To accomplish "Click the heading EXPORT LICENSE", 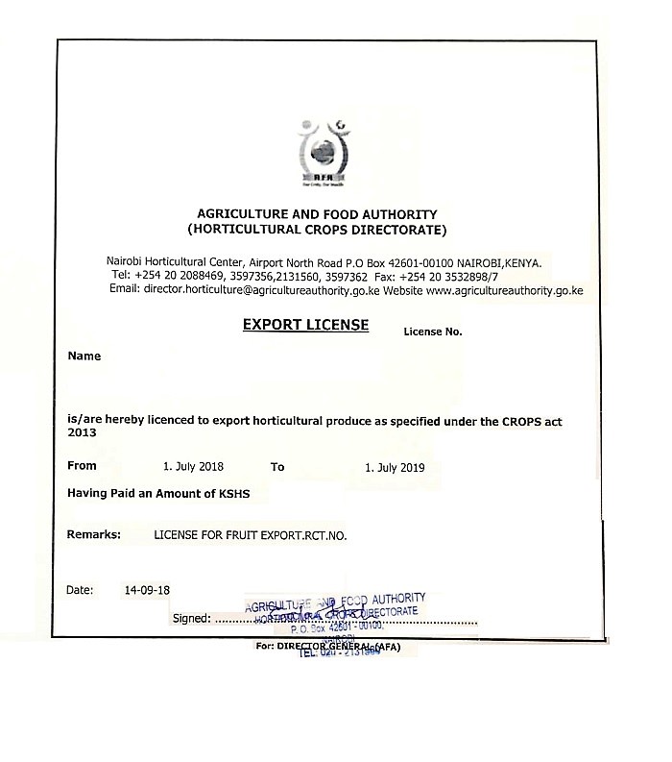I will [x=305, y=325].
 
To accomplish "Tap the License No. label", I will [x=432, y=332].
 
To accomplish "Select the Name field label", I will [x=84, y=356].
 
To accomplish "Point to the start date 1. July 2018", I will [x=193, y=467].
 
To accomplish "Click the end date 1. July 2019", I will [x=395, y=468].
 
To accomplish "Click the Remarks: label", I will [x=93, y=533].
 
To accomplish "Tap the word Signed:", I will [x=189, y=618].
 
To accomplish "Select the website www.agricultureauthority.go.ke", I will [x=504, y=289].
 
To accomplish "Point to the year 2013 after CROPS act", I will [x=82, y=432].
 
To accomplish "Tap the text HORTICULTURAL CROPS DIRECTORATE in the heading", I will [x=317, y=231].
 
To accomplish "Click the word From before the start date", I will [x=83, y=466].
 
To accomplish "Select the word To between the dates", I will [x=277, y=467].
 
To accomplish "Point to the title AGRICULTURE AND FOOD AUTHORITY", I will [x=317, y=214].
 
